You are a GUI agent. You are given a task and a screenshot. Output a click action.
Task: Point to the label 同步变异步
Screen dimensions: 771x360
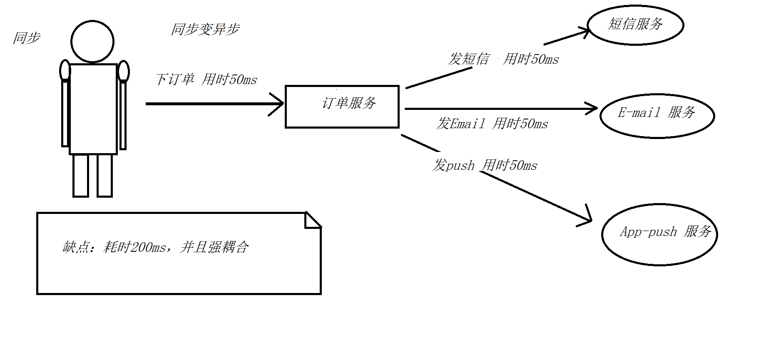tap(205, 29)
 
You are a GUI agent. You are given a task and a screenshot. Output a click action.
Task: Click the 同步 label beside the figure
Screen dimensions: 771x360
tap(27, 38)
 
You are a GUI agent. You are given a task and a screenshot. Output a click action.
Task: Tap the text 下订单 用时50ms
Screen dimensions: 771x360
tap(206, 79)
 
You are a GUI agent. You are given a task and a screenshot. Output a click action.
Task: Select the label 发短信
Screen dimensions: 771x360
tap(468, 59)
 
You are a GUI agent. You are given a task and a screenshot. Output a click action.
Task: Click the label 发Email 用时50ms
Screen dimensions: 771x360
tap(492, 124)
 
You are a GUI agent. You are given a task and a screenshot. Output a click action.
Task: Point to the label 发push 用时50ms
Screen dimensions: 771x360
tap(485, 165)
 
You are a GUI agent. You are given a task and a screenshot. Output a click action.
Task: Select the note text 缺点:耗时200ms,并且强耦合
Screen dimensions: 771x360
tap(156, 247)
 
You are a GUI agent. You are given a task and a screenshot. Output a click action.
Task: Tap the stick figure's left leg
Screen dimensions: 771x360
tap(81, 175)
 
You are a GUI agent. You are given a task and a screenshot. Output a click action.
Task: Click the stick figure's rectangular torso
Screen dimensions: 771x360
tap(93, 109)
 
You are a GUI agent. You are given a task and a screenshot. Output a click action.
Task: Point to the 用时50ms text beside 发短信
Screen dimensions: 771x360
tap(531, 59)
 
